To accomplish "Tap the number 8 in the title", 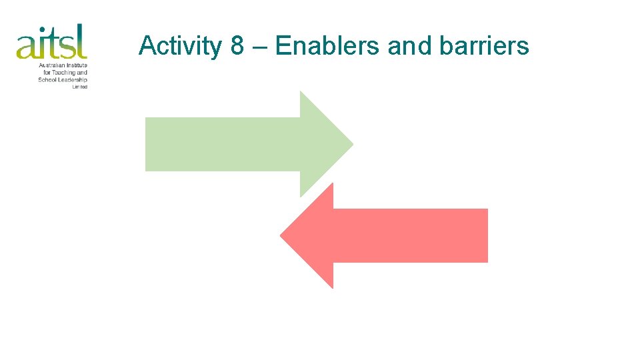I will pyautogui.click(x=237, y=46).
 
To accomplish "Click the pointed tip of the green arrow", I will pyautogui.click(x=351, y=143).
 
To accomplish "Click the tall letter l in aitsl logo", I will pyautogui.click(x=83, y=41).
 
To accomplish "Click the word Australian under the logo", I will pyautogui.click(x=53, y=65).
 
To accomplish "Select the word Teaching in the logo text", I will pyautogui.click(x=67, y=73).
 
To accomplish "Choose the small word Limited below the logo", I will pyautogui.click(x=80, y=87).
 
